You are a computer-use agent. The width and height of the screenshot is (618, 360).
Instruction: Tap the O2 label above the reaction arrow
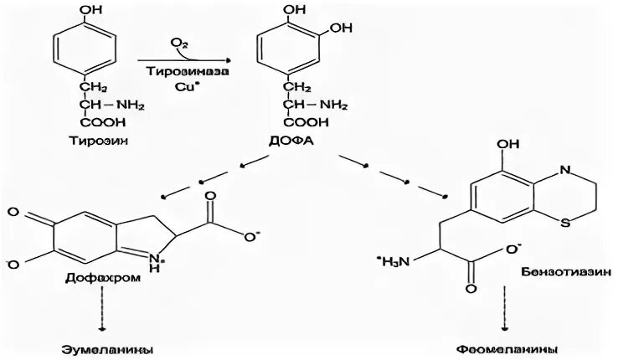coord(178,42)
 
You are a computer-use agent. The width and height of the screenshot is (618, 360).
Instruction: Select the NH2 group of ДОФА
coord(334,105)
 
